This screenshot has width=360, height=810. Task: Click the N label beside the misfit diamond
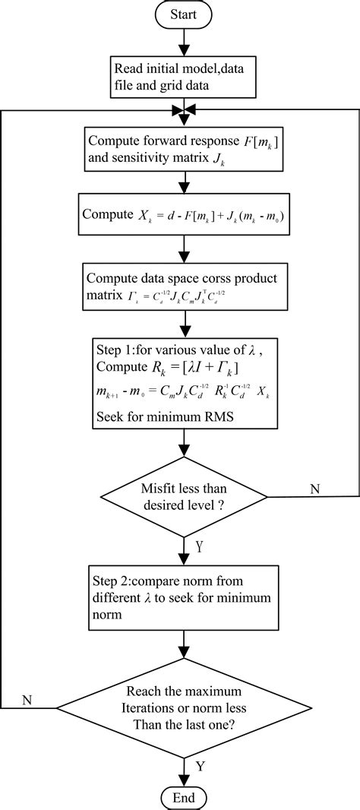coord(314,487)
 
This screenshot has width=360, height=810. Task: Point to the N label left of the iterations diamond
coord(27,698)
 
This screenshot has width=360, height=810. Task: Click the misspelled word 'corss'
coord(208,277)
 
